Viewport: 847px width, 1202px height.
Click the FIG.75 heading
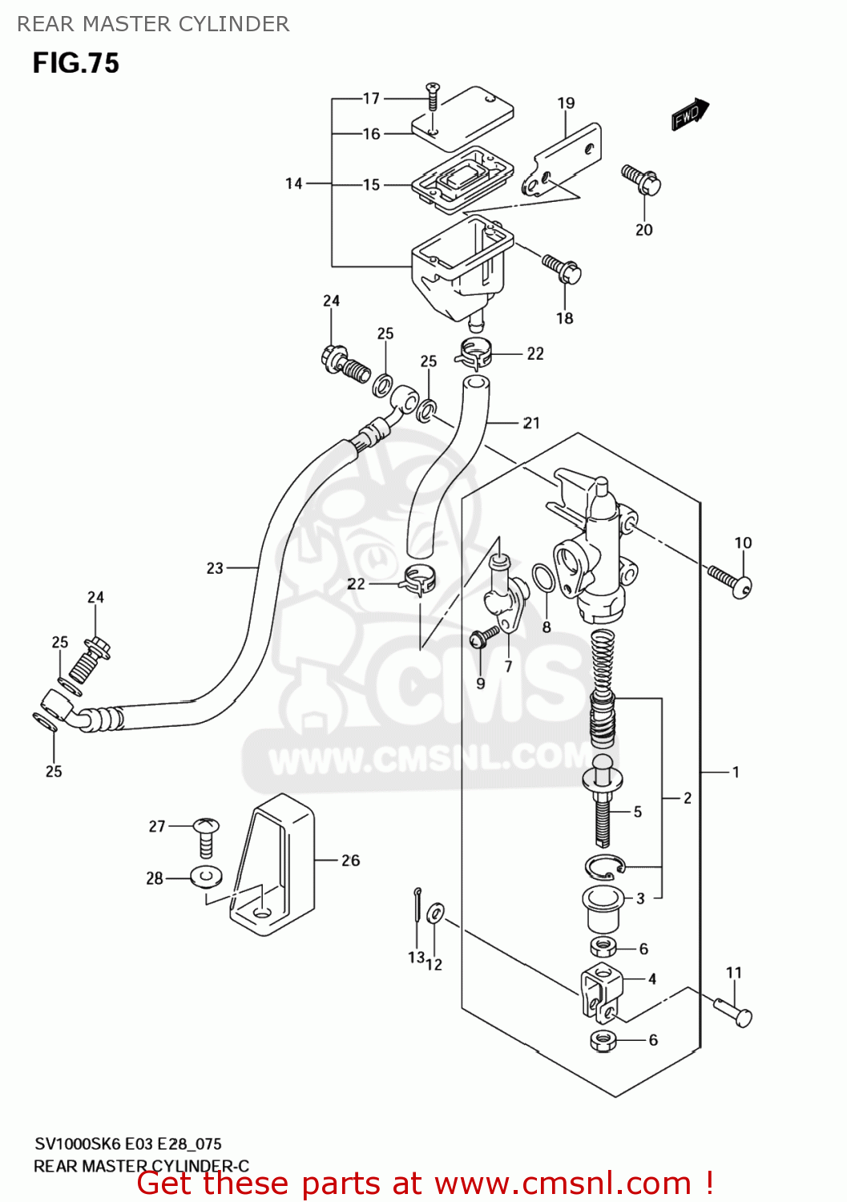coord(75,63)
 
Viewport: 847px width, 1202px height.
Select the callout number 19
coord(566,103)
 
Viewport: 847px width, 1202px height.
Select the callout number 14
coord(293,184)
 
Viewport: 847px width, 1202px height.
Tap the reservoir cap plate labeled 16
coord(463,117)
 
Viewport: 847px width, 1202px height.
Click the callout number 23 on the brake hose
coord(215,568)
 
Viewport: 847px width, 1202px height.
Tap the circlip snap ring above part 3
coord(603,866)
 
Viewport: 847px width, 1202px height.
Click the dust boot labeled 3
coord(602,905)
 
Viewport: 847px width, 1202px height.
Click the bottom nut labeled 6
coord(603,1041)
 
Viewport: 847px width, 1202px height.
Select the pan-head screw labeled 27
coord(206,837)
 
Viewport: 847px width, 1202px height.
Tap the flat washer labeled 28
coord(207,877)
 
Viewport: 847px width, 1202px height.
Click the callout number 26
coord(350,861)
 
